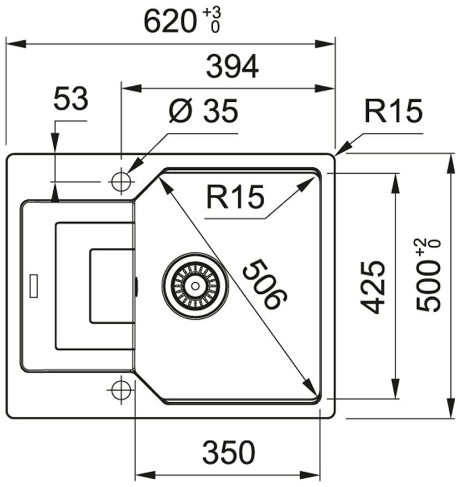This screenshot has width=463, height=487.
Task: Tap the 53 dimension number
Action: [x=70, y=100]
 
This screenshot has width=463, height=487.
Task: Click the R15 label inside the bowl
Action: [x=234, y=198]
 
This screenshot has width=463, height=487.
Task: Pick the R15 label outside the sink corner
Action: [x=393, y=112]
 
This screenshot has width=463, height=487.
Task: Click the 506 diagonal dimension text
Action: [x=265, y=284]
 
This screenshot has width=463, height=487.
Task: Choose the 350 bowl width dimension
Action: [x=228, y=453]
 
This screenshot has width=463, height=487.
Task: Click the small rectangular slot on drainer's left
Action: [x=33, y=284]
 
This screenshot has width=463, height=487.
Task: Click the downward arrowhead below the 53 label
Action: [x=55, y=145]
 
